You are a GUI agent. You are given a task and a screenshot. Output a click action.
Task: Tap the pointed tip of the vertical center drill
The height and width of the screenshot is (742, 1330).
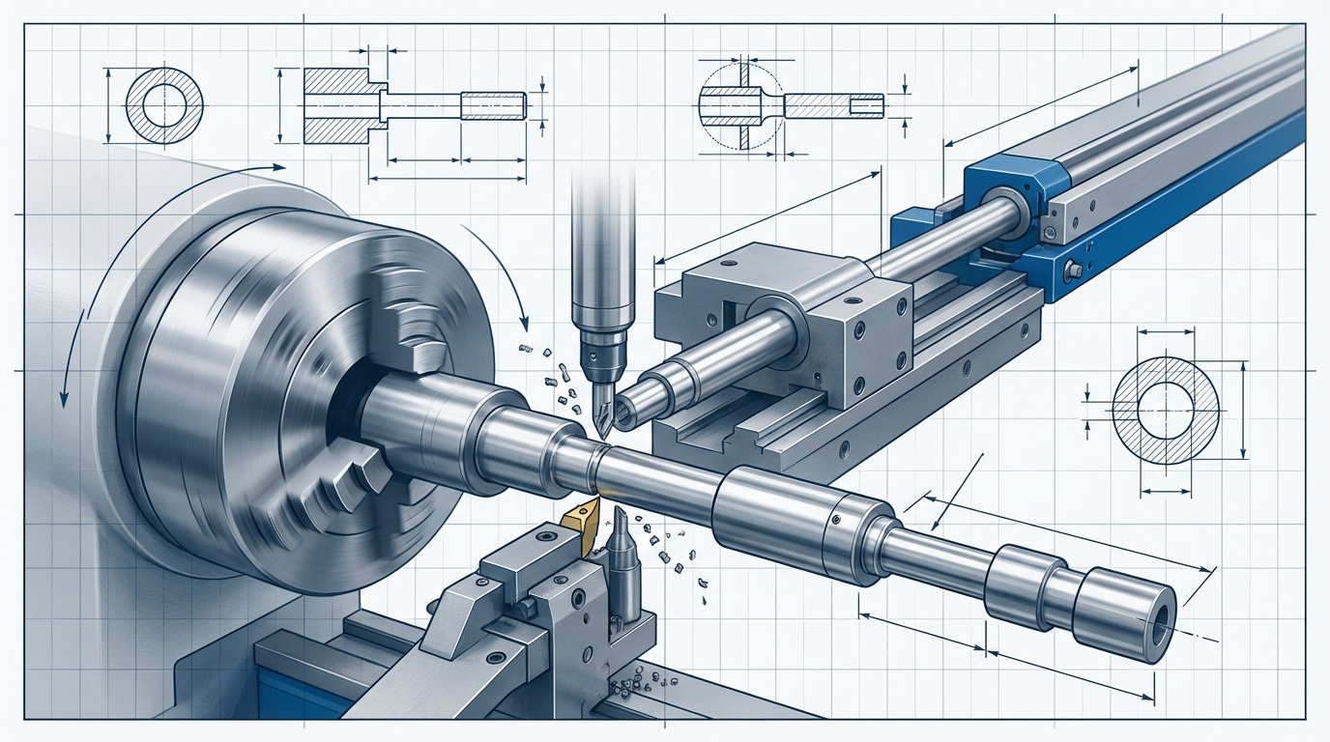pyautogui.click(x=600, y=433)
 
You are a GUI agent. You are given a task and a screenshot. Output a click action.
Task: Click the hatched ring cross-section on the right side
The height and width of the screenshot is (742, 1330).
pyautogui.click(x=1166, y=410)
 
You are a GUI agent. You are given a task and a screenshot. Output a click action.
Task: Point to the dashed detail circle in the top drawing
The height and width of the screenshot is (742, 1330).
pyautogui.click(x=739, y=105)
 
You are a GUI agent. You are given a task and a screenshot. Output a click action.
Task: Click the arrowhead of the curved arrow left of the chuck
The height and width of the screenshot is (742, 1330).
pyautogui.click(x=63, y=396)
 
